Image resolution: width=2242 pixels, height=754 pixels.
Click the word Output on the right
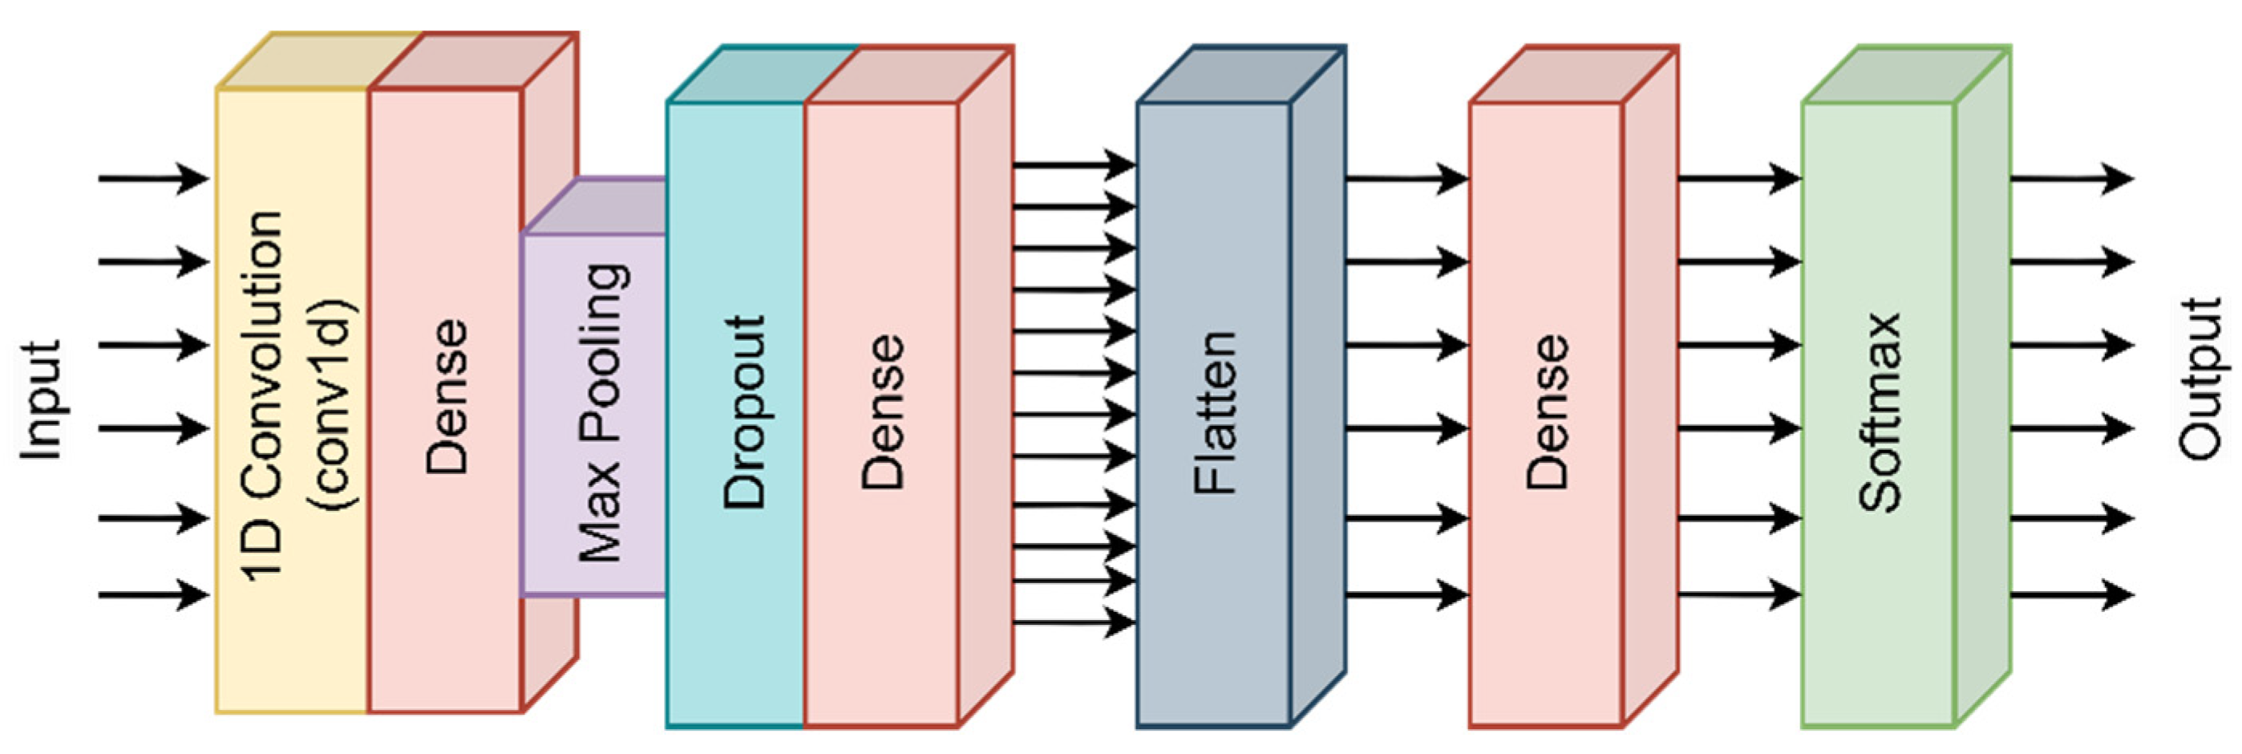click(2200, 378)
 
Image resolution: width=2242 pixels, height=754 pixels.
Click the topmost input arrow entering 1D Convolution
click(153, 179)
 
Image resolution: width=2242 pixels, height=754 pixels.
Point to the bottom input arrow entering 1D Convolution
click(153, 595)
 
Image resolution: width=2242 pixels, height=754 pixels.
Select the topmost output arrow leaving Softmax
click(2071, 179)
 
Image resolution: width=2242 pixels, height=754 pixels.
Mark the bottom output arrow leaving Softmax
click(2071, 595)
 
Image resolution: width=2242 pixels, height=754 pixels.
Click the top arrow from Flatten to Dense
click(1406, 179)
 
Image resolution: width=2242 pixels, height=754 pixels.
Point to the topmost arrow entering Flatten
click(1074, 164)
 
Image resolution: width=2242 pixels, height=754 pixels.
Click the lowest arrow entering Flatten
click(1074, 622)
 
